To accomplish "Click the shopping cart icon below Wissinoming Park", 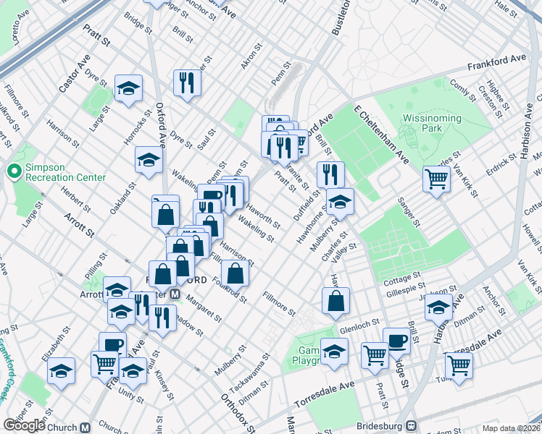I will point(437,178).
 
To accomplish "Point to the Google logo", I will point(24,425).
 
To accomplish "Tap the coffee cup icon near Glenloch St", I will point(396,340).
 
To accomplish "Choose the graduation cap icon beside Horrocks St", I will point(129,89).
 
